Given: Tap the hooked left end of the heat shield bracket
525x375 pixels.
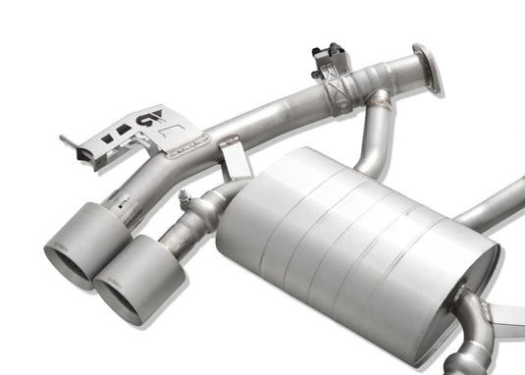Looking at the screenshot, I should pyautogui.click(x=72, y=147).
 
